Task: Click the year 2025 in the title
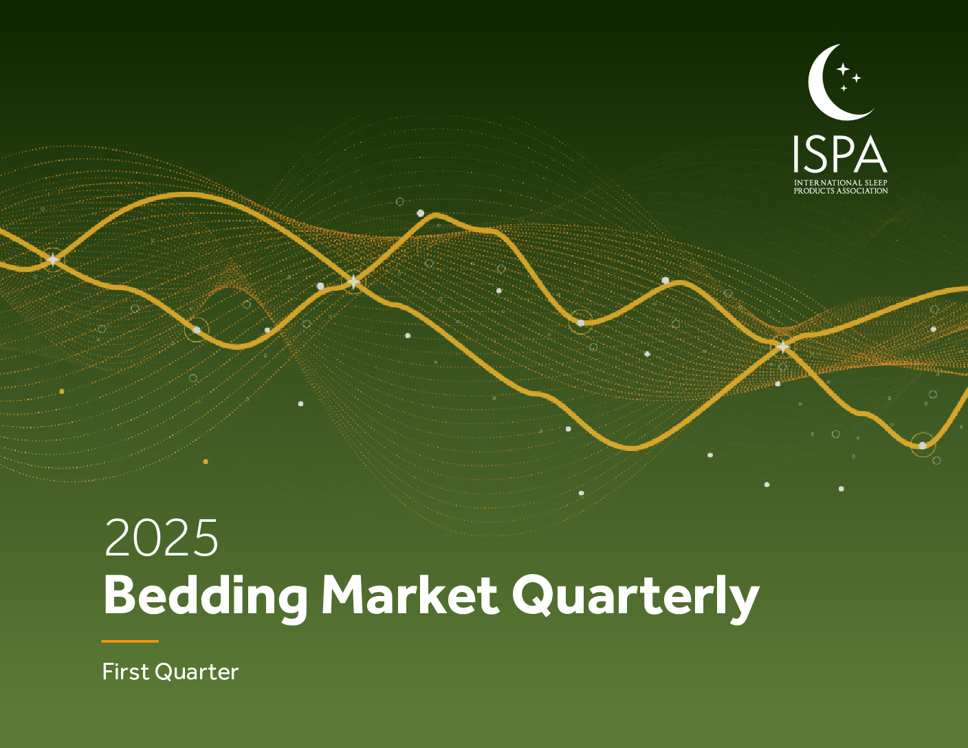162,538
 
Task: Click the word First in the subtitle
126,672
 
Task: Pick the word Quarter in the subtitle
197,672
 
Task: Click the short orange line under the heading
130,641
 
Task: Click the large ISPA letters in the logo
840,154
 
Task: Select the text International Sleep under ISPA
841,183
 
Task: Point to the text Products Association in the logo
841,190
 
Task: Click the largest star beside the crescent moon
843,69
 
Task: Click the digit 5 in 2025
205,538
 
